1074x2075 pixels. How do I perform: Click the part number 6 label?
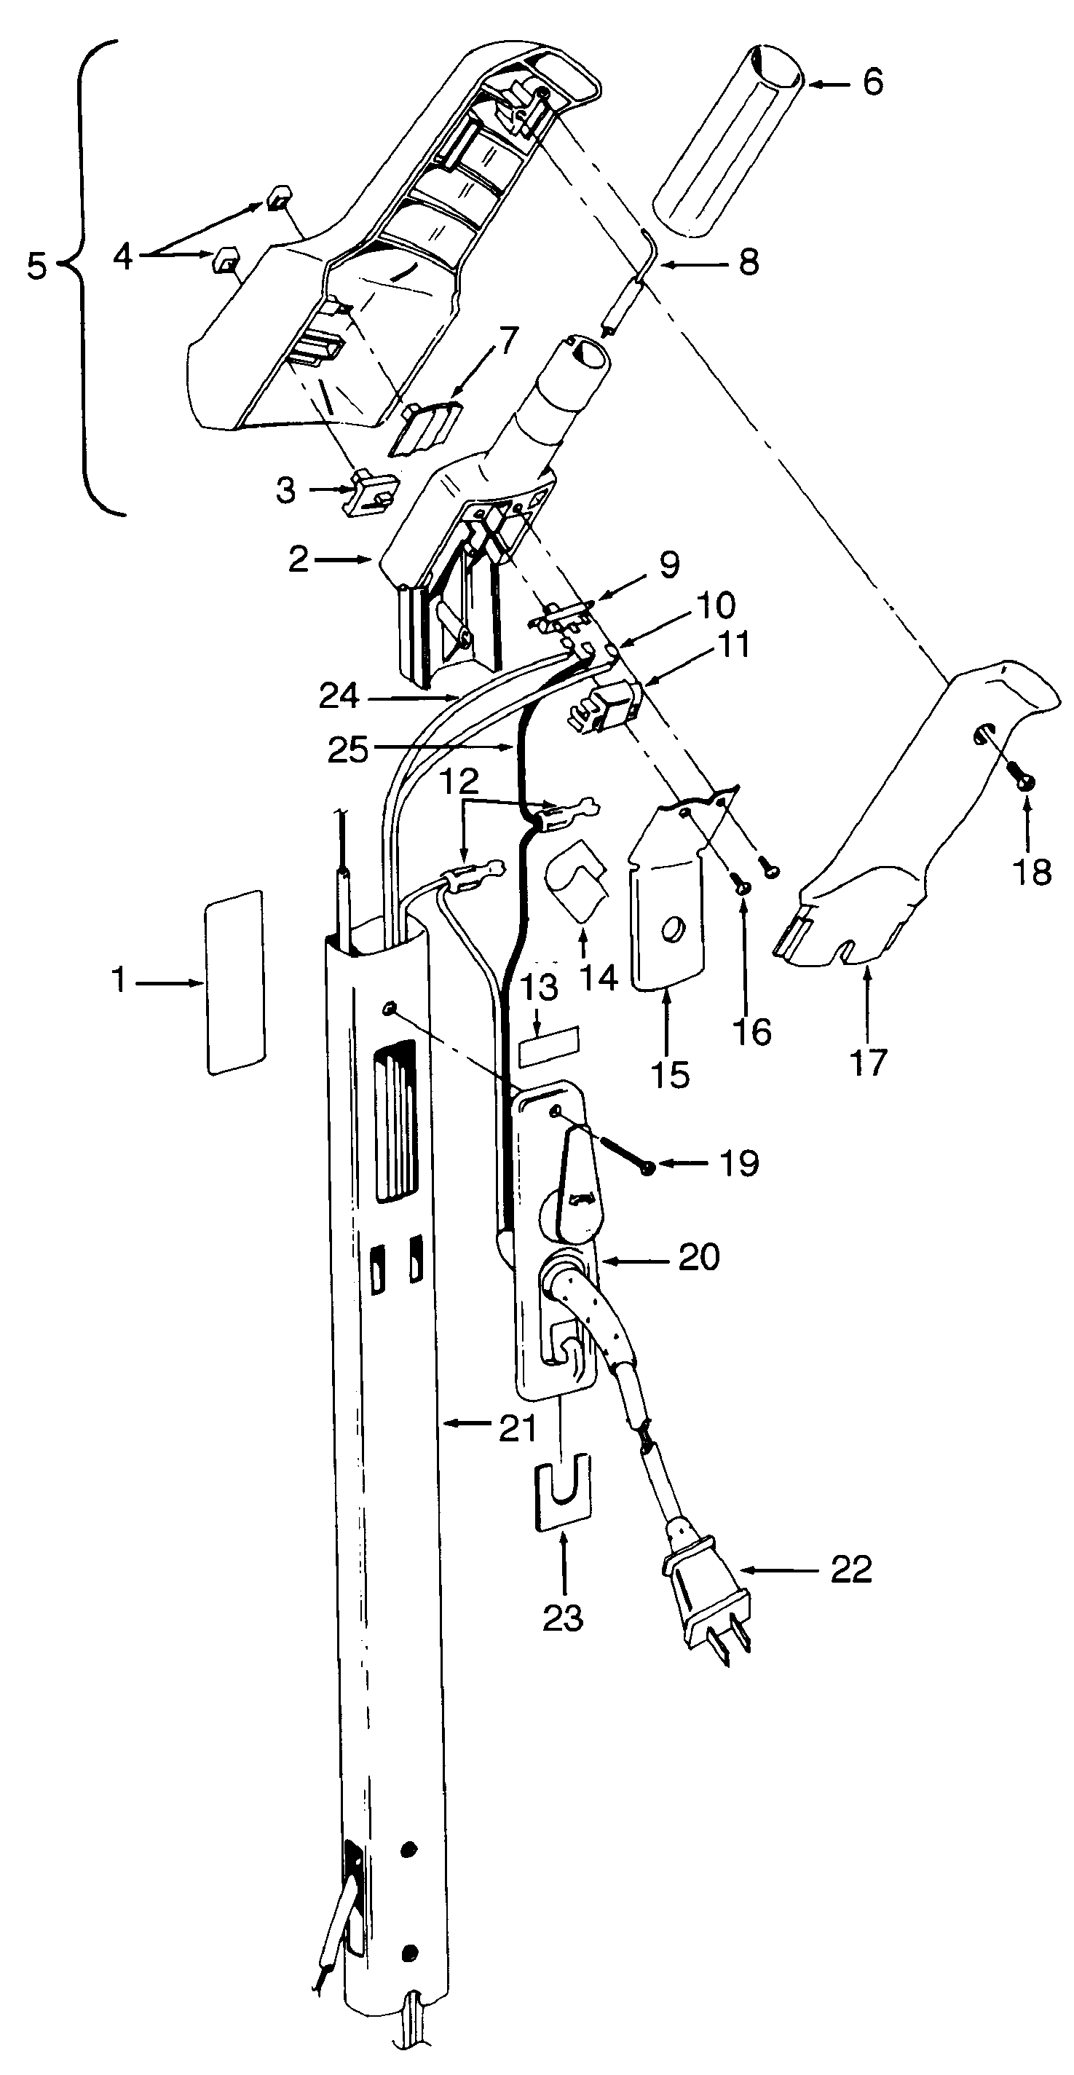[x=873, y=82]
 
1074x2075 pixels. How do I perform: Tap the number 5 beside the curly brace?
[x=37, y=266]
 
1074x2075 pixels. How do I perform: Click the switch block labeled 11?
[x=609, y=706]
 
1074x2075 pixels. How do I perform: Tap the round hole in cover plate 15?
[x=668, y=932]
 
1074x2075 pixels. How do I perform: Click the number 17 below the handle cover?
[x=867, y=1062]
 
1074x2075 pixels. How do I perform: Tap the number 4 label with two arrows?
[x=122, y=257]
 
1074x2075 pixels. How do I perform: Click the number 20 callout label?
[x=699, y=1256]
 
